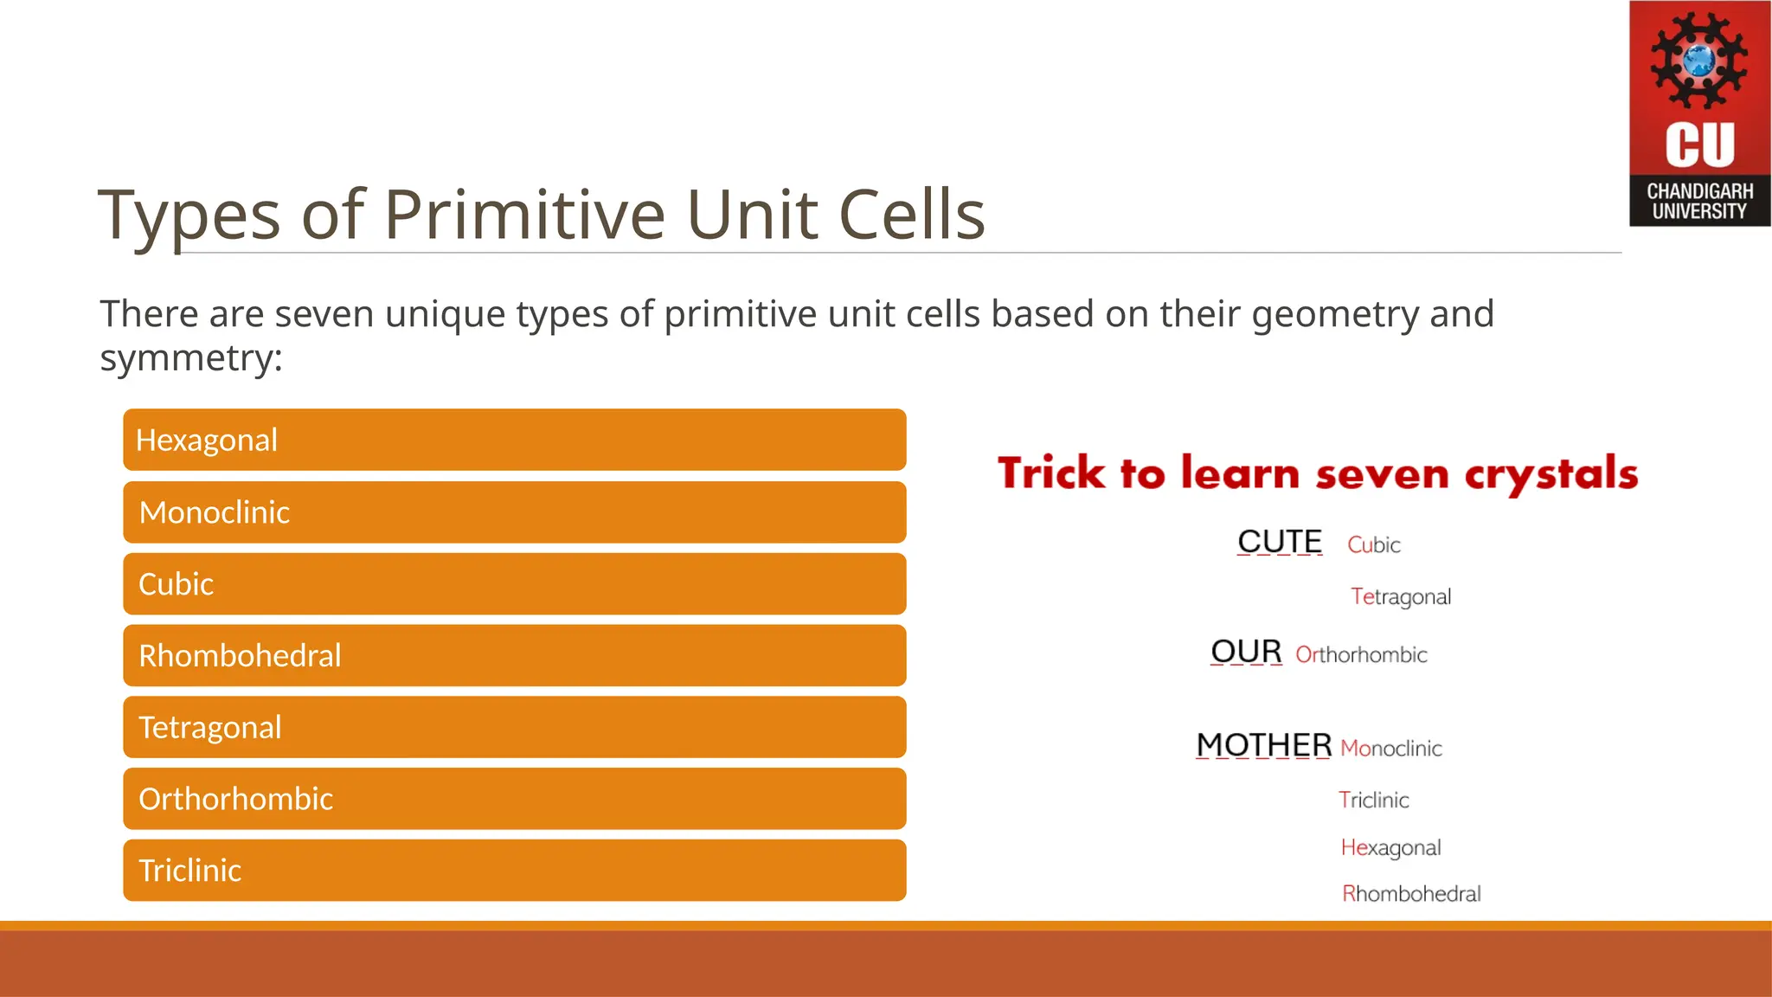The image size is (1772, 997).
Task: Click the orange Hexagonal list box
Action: click(514, 440)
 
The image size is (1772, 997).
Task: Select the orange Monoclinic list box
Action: click(514, 512)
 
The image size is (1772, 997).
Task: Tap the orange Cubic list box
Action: click(514, 584)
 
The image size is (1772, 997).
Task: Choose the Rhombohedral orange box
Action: click(514, 656)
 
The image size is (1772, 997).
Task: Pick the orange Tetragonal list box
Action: click(514, 727)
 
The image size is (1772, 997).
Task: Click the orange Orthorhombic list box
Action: click(514, 799)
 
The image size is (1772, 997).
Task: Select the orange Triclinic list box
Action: click(514, 871)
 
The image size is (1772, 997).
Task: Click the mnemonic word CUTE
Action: click(1280, 542)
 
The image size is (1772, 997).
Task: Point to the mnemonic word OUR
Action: click(1246, 652)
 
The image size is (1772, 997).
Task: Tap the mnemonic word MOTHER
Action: click(1263, 745)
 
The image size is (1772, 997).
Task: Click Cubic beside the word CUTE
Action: click(1373, 545)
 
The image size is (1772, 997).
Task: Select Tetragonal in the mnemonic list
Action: click(1401, 597)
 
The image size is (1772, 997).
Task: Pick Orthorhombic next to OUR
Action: click(1361, 655)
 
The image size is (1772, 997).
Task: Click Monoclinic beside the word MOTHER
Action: click(1390, 749)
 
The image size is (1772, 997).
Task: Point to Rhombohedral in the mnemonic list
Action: click(1411, 894)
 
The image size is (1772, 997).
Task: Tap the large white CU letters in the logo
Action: click(1699, 145)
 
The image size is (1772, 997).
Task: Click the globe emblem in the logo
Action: click(1698, 61)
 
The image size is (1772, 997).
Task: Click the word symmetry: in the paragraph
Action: click(191, 358)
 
